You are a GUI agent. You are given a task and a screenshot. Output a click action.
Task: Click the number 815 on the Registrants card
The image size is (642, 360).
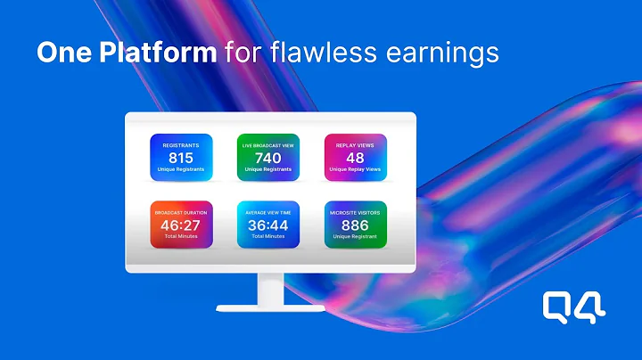coord(180,158)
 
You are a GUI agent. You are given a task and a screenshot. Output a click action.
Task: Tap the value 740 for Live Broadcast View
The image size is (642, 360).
coord(268,158)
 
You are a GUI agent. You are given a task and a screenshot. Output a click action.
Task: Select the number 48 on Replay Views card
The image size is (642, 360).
coord(355,158)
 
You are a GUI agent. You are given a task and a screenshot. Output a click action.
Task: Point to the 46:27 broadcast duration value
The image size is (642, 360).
coord(180,226)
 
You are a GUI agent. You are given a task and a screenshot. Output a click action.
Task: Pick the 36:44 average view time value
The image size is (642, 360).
coord(268,226)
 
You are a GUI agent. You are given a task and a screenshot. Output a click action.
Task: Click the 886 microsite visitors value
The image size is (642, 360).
coord(355,226)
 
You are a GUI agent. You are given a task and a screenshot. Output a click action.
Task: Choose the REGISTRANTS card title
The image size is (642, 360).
coord(180,143)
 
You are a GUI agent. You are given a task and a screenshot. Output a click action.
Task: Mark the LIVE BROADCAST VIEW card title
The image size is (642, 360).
coord(268,143)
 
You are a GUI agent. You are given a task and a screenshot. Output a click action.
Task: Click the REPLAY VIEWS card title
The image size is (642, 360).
coord(355,143)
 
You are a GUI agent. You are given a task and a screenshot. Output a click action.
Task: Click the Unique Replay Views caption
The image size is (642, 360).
coord(355,169)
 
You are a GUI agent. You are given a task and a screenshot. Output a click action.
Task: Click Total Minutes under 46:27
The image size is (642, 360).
coord(180,238)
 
